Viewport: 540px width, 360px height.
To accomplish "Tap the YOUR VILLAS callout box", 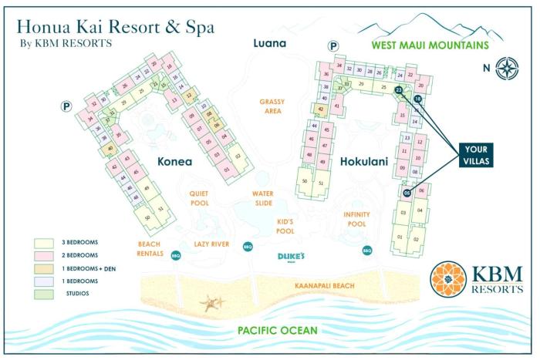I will pos(471,155).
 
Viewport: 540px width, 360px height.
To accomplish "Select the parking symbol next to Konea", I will pos(65,107).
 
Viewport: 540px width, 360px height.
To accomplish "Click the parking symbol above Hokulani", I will pos(333,47).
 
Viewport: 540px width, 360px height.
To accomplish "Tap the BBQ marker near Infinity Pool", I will pos(367,250).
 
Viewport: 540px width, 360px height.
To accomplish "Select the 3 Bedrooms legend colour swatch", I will pos(43,242).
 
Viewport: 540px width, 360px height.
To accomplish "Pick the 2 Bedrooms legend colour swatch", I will pos(43,254).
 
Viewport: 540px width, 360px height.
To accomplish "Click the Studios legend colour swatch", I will pos(43,292).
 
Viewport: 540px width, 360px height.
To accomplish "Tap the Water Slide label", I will pos(264,200).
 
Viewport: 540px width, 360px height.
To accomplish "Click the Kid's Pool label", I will pos(285,226).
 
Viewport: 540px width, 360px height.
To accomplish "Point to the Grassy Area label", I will pos(272,106).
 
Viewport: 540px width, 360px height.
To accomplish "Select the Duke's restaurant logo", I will pos(293,257).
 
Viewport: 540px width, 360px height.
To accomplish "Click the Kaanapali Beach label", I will pos(325,286).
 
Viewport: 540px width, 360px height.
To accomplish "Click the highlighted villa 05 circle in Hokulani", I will pos(407,193).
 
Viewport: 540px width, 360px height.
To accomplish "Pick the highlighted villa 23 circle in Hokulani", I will pos(399,90).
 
